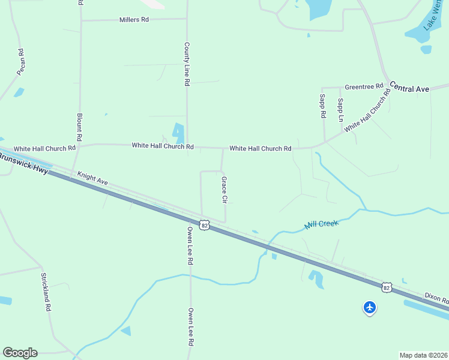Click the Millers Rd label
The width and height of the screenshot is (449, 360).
[133, 20]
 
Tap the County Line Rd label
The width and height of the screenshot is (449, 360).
[187, 64]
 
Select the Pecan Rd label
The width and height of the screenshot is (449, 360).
[21, 62]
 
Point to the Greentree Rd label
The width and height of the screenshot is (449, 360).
[363, 86]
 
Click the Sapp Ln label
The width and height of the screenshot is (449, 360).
[340, 110]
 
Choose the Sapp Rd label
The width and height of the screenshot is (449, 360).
[322, 106]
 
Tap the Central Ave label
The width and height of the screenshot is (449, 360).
[410, 88]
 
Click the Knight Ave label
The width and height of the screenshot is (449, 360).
[92, 179]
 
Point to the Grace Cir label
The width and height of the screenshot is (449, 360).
[224, 190]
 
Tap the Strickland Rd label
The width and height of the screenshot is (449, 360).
[45, 292]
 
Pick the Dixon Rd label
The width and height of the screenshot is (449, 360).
[436, 298]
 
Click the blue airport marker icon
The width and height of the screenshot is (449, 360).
[370, 308]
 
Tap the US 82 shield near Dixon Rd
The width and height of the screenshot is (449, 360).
[387, 287]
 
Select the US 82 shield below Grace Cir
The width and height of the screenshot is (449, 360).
[205, 225]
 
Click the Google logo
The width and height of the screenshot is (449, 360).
[20, 353]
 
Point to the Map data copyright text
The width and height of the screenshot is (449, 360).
[423, 355]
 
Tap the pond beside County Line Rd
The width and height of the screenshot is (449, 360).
[178, 133]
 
